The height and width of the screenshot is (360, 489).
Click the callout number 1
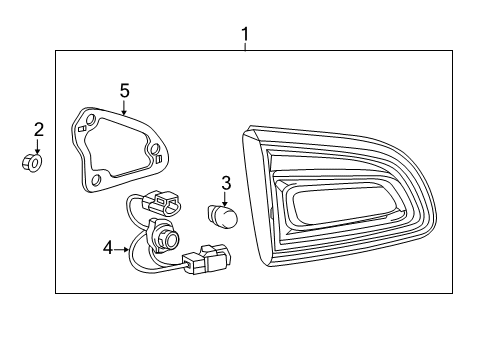coord(244,38)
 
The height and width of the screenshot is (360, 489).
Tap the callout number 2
coord(38,129)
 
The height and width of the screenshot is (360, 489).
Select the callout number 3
coord(226,183)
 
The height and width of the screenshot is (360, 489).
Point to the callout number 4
coord(108,246)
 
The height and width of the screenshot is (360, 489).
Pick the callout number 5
coord(124,91)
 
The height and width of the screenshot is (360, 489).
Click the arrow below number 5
coord(123,109)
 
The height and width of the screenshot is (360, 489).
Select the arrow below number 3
coord(226,198)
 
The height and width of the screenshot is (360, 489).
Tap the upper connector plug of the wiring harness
coord(163,203)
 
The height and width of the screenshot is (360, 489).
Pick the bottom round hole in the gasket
coord(96,181)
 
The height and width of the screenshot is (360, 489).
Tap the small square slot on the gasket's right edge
coord(157,155)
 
